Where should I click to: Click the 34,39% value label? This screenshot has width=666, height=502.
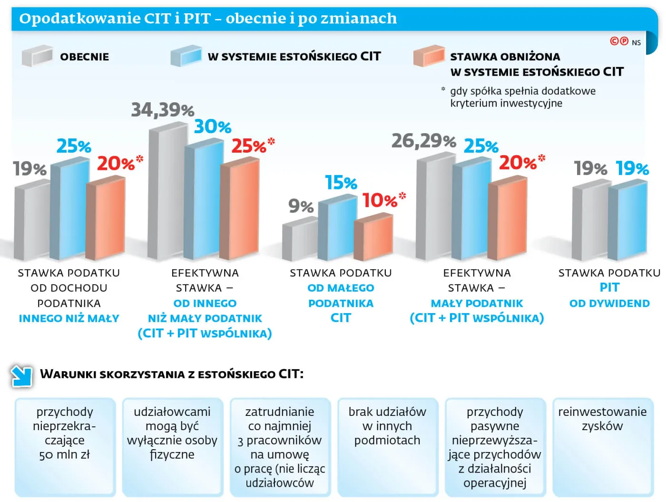pos(162,110)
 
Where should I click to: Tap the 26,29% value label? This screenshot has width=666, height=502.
pos(423,141)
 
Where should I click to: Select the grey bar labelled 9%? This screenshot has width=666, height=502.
pos(300,240)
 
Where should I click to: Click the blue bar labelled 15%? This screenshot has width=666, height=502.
pos(337,230)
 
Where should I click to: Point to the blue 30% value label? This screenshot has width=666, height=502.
pos(212,127)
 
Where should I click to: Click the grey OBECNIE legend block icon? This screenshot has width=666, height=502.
pos(37,56)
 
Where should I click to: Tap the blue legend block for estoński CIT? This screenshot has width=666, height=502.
pos(186,56)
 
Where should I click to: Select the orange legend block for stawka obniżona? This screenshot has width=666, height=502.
pos(429,56)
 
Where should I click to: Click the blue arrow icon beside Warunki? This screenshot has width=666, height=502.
pos(21,376)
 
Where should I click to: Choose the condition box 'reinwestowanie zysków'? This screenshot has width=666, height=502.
pos(602,447)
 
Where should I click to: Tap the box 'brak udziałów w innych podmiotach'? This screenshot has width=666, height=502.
pos(387,447)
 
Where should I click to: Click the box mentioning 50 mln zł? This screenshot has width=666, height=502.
pos(65,447)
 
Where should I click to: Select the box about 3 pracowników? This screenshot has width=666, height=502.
pos(280,447)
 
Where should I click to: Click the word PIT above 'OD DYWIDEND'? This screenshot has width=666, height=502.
pos(609,287)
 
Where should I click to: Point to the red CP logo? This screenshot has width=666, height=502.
pos(619,41)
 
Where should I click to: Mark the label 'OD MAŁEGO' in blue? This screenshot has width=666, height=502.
pos(341,288)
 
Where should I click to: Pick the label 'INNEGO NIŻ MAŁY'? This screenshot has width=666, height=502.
pos(69,318)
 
